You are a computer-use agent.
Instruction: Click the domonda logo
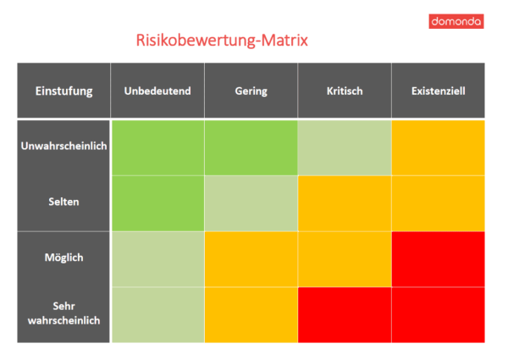click(x=456, y=21)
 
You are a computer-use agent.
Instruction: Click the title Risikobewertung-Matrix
click(x=222, y=40)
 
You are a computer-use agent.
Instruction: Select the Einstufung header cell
click(x=63, y=91)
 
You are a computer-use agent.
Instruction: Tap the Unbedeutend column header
click(x=157, y=91)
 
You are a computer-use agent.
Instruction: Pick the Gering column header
click(x=251, y=91)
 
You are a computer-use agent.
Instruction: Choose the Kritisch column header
click(x=344, y=91)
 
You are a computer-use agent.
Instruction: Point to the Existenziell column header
click(x=438, y=91)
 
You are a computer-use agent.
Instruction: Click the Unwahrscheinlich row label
click(x=63, y=147)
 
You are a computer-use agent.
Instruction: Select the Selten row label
click(x=63, y=202)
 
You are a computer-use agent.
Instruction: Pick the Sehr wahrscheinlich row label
click(x=63, y=313)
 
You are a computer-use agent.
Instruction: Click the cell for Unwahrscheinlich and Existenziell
click(x=438, y=147)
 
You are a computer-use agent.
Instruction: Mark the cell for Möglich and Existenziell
click(x=438, y=258)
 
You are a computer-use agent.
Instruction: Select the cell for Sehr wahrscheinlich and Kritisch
click(x=344, y=314)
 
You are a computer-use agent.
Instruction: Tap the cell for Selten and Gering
click(x=251, y=202)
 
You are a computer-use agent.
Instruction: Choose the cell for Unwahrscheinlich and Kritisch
click(x=344, y=147)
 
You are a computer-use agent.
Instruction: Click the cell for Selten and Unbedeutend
click(x=157, y=202)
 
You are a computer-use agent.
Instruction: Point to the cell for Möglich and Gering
click(x=251, y=258)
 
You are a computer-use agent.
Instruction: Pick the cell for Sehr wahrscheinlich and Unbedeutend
click(x=157, y=314)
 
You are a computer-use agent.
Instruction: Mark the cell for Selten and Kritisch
click(x=344, y=202)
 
